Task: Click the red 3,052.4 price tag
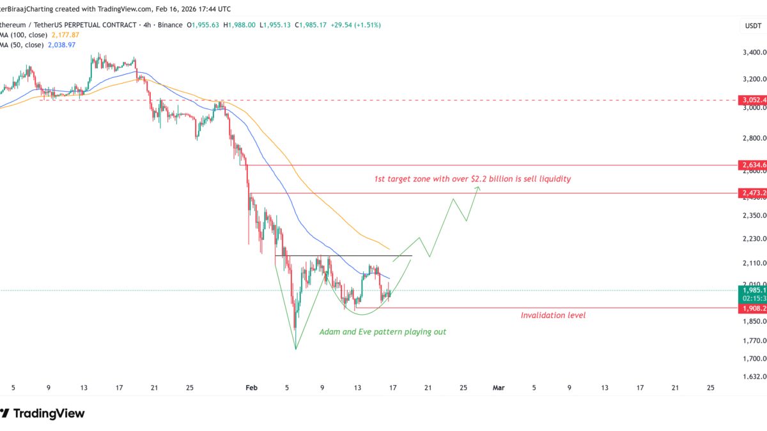click(752, 100)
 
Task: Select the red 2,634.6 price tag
click(752, 165)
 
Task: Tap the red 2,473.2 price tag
click(752, 192)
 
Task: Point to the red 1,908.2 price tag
click(752, 308)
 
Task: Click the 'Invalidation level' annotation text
click(553, 315)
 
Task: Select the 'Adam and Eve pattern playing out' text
click(383, 332)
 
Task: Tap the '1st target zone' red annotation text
click(472, 179)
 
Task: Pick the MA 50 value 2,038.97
click(59, 45)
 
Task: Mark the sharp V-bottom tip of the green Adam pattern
click(296, 349)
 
